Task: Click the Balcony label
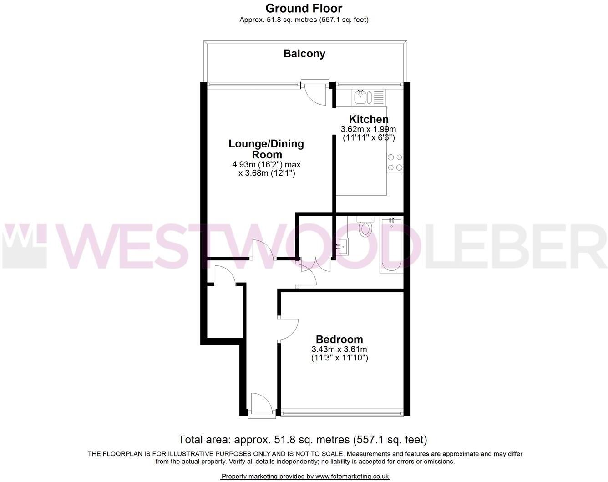click(304, 54)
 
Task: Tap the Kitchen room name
click(369, 119)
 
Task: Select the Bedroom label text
click(339, 340)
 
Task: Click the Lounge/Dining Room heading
click(266, 149)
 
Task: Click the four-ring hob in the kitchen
click(395, 162)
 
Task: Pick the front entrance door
click(262, 405)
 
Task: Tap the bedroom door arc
click(289, 329)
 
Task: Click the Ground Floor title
click(304, 8)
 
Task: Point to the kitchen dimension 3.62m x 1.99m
click(369, 129)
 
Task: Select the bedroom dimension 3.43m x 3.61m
click(339, 350)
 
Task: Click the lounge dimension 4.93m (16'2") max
click(266, 165)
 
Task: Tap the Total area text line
click(303, 440)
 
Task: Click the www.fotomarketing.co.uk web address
click(352, 477)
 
